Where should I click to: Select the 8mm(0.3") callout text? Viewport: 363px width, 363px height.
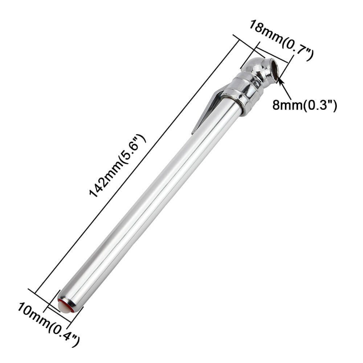[305, 106]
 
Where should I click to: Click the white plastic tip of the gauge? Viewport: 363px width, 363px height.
[63, 306]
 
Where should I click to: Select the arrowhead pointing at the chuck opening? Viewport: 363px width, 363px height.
[280, 79]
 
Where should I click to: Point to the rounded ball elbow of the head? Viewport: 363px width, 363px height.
[254, 65]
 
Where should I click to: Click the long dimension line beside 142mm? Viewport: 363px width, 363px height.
[138, 163]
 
